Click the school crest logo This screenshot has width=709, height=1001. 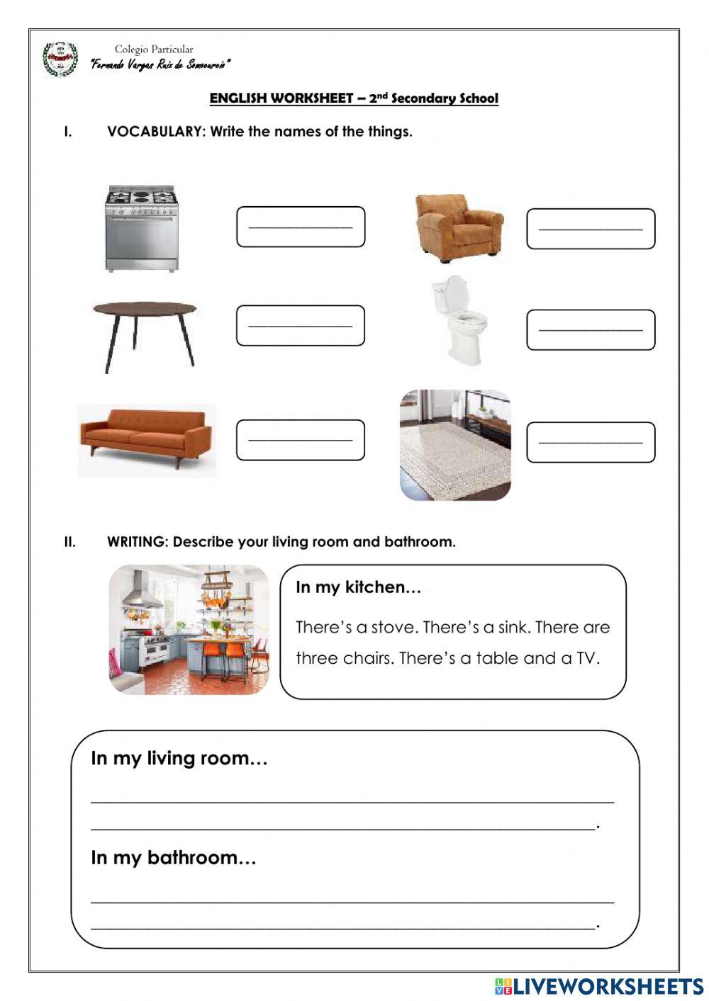click(60, 60)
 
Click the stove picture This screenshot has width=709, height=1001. click(141, 228)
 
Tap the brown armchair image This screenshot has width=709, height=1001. click(459, 225)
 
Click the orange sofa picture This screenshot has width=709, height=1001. click(147, 440)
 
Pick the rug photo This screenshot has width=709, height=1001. click(455, 445)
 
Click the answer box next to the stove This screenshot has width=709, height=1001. click(301, 227)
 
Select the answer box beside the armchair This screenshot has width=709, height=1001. click(591, 229)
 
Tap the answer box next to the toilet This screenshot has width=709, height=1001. click(591, 329)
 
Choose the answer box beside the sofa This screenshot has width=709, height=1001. click(301, 440)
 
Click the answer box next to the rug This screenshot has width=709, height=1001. click(591, 442)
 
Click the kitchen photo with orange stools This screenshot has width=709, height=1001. click(189, 629)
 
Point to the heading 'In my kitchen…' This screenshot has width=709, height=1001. click(358, 587)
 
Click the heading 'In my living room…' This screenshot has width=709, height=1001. click(179, 759)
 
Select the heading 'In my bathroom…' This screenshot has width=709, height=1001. click(173, 858)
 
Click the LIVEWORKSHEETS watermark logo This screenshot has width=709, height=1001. click(599, 986)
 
